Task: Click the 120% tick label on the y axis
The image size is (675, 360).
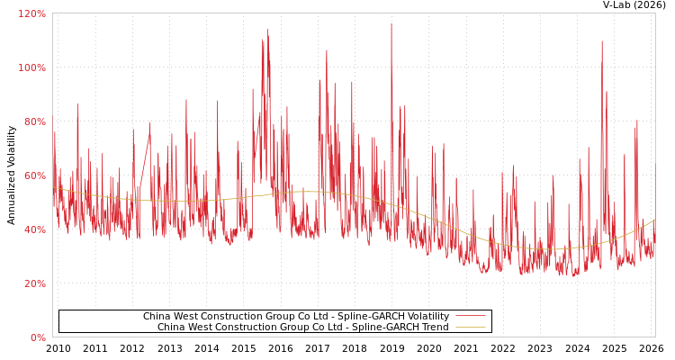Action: [31, 14]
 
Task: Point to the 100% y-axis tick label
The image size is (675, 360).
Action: [31, 68]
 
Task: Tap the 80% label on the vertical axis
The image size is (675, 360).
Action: [33, 122]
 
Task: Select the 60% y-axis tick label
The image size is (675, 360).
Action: [33, 176]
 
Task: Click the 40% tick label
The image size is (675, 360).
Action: [33, 230]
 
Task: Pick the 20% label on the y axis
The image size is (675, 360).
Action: [33, 284]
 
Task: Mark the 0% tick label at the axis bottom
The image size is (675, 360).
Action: [37, 338]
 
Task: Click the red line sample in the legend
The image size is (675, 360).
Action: [470, 317]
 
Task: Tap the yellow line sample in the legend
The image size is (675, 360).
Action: [470, 328]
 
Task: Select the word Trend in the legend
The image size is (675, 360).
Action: [433, 328]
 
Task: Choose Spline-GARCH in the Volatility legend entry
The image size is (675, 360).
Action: [363, 317]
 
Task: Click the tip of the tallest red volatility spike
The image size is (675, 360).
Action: [391, 24]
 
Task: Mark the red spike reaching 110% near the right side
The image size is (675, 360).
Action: [601, 41]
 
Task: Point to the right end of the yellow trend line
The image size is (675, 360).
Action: [654, 220]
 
